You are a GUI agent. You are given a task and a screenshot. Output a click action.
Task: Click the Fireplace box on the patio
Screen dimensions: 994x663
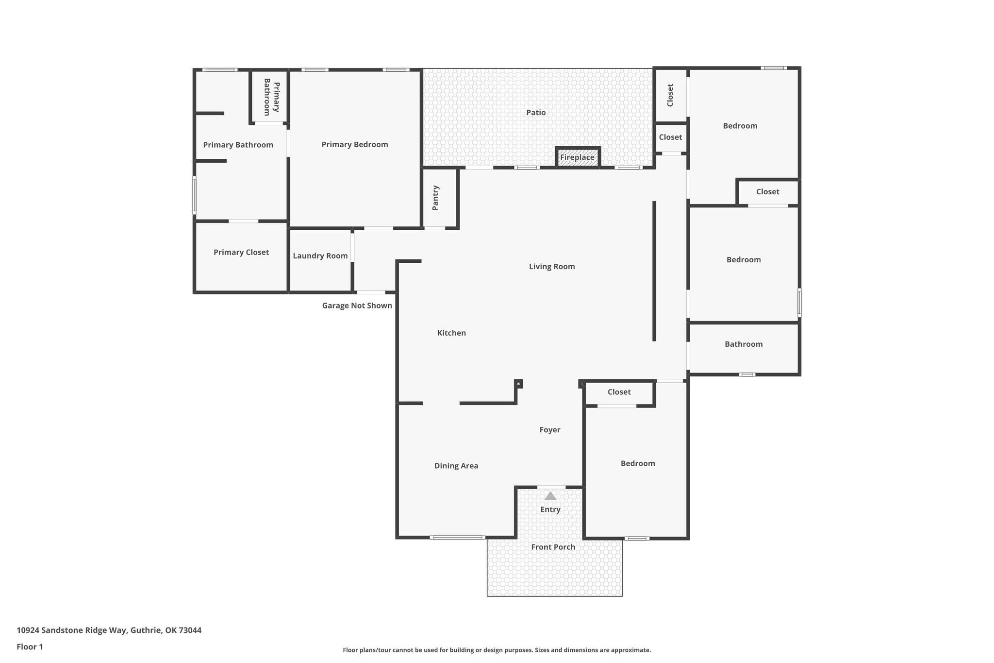pyautogui.click(x=578, y=157)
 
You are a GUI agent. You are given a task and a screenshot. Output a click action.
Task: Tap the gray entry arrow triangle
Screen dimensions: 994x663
pyautogui.click(x=550, y=496)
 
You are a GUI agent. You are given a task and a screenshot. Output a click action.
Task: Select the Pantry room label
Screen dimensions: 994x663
pyautogui.click(x=435, y=198)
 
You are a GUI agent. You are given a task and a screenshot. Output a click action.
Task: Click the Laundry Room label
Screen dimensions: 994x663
pyautogui.click(x=320, y=256)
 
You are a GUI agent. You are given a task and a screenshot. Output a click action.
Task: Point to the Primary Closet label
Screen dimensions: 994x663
pyautogui.click(x=241, y=253)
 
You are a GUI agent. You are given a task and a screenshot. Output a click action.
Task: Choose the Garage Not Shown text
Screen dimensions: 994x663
pyautogui.click(x=357, y=306)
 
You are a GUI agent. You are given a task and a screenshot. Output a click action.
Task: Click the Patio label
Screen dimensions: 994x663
pyautogui.click(x=536, y=113)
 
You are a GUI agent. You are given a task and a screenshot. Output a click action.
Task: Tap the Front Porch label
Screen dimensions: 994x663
pyautogui.click(x=553, y=547)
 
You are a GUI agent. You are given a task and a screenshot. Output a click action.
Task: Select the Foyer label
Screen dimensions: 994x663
pyautogui.click(x=550, y=430)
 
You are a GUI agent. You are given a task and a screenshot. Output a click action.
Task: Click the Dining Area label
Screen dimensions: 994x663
pyautogui.click(x=456, y=466)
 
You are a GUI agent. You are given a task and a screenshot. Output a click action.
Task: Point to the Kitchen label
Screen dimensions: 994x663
pyautogui.click(x=451, y=333)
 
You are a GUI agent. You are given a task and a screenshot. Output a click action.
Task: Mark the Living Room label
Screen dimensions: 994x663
pyautogui.click(x=552, y=267)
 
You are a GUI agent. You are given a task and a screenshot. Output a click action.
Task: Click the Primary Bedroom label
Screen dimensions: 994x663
pyautogui.click(x=355, y=145)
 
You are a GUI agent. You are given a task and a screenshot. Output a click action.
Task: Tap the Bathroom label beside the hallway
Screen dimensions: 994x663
pyautogui.click(x=744, y=344)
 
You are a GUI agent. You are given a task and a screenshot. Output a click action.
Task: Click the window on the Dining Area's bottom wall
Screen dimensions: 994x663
pyautogui.click(x=457, y=537)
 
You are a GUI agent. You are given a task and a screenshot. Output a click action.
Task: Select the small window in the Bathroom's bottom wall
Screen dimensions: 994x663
pyautogui.click(x=747, y=374)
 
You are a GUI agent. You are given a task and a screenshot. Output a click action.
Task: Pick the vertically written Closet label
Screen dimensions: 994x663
pyautogui.click(x=670, y=95)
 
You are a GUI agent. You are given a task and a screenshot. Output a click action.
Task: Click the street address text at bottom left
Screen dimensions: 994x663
pyautogui.click(x=109, y=630)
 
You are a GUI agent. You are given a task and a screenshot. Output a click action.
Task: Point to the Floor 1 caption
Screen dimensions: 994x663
pyautogui.click(x=30, y=647)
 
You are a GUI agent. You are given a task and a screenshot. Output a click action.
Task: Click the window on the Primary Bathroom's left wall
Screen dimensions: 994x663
pyautogui.click(x=194, y=195)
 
